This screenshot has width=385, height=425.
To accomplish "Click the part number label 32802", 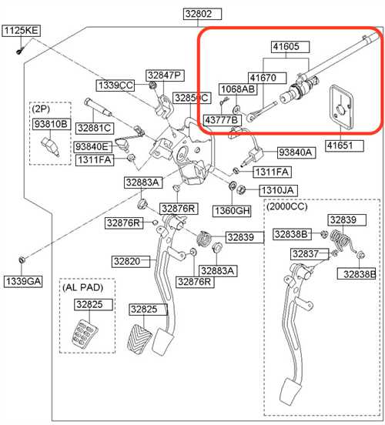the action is click(x=203, y=14).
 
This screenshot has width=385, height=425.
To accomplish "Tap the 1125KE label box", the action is click(x=22, y=31).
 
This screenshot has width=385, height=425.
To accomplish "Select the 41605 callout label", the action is click(x=290, y=47).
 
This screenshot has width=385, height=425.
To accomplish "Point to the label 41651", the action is click(x=344, y=146).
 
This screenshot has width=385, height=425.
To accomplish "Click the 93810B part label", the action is click(x=52, y=124).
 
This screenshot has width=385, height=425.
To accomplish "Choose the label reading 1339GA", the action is click(x=23, y=281).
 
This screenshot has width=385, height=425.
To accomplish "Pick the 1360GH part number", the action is click(x=232, y=211).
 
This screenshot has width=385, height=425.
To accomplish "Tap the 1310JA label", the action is click(x=279, y=190).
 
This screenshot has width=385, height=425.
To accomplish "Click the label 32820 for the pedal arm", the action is click(x=131, y=262).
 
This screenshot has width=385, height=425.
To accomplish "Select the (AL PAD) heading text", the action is click(x=83, y=287).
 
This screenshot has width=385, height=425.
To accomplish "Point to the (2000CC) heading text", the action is click(x=287, y=207).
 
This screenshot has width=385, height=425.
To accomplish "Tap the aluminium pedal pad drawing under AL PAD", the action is click(x=85, y=333).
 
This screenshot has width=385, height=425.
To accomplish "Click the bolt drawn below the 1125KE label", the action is click(x=20, y=50).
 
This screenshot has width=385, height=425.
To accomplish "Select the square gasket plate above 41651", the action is click(x=342, y=106).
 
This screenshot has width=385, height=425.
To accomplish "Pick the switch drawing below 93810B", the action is click(x=50, y=146).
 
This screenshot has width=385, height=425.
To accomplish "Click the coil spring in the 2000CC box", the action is click(x=340, y=239).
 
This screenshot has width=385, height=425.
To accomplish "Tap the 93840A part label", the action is click(x=296, y=153).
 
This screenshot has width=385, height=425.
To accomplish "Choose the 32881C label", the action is click(x=95, y=129).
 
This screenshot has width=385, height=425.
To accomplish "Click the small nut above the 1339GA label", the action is click(x=22, y=259).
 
